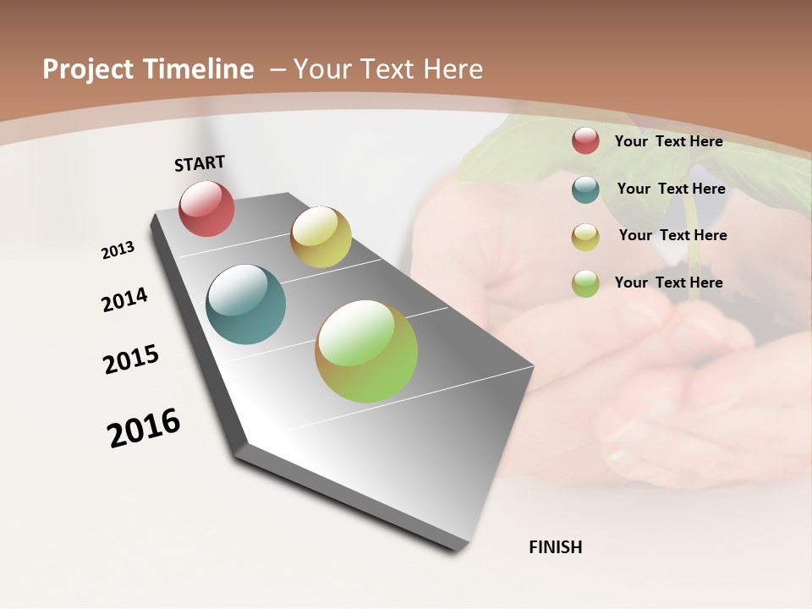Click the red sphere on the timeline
point(206,208)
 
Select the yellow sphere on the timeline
point(321,237)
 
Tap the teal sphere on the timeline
point(245,304)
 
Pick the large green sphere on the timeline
point(366,351)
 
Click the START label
point(200,163)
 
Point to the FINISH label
point(555,547)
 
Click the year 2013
point(118,250)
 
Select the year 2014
point(124,299)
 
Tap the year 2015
point(131,359)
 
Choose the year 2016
point(144,428)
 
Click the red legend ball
point(585,141)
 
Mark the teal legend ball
point(585,189)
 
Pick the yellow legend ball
point(585,236)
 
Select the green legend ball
point(585,283)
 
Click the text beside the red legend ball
point(668,141)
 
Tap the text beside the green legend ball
point(668,283)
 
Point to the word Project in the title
point(88,69)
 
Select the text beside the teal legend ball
point(671,189)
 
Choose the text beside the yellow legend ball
point(672,235)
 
